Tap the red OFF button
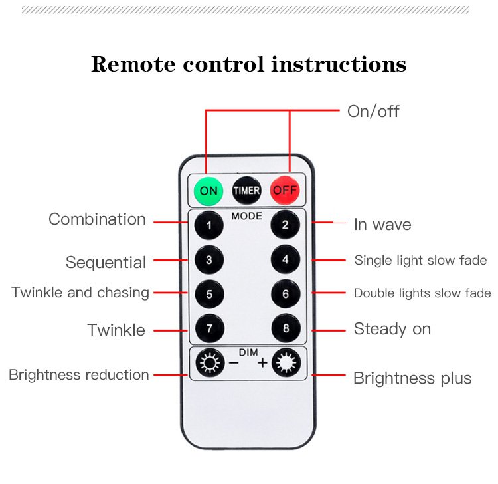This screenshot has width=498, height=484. pyautogui.click(x=285, y=191)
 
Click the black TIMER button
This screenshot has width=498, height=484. pyautogui.click(x=246, y=191)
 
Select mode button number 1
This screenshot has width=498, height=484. pyautogui.click(x=209, y=225)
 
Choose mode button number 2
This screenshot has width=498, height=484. pyautogui.click(x=285, y=225)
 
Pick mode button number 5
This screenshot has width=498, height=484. pyautogui.click(x=209, y=294)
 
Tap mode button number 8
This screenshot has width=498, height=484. pyautogui.click(x=285, y=328)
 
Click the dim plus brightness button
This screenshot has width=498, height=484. pyautogui.click(x=286, y=363)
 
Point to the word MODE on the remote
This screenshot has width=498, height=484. pyautogui.click(x=247, y=216)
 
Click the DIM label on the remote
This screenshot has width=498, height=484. pyautogui.click(x=247, y=352)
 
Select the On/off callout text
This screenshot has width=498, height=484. pyautogui.click(x=373, y=111)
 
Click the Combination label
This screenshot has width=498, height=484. pyautogui.click(x=97, y=219)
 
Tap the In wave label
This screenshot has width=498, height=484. pyautogui.click(x=382, y=225)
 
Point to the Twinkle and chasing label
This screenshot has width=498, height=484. pyautogui.click(x=80, y=293)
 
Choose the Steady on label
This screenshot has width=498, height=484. pyautogui.click(x=392, y=328)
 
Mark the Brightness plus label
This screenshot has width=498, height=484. pyautogui.click(x=412, y=378)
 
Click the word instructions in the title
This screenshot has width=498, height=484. pyautogui.click(x=339, y=64)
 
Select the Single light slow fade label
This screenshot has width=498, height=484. pyautogui.click(x=420, y=260)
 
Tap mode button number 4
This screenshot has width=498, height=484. pyautogui.click(x=285, y=260)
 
